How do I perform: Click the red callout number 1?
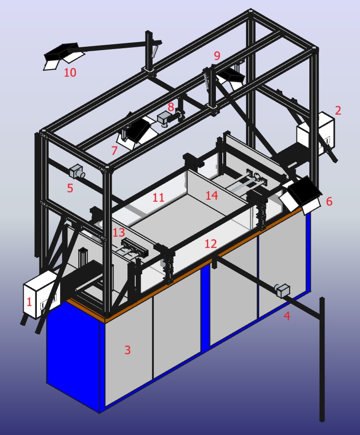(29, 302)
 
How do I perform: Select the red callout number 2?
(338, 110)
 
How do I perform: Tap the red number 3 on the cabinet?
(127, 350)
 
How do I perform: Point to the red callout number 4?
(287, 316)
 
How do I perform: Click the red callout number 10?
(70, 72)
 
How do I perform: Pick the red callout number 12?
(210, 244)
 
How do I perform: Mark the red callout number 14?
(212, 195)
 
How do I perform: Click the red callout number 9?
(217, 56)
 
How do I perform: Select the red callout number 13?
(119, 232)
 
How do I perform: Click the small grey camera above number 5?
(77, 171)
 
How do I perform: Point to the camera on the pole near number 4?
(283, 290)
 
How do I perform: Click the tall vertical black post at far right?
(322, 360)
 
